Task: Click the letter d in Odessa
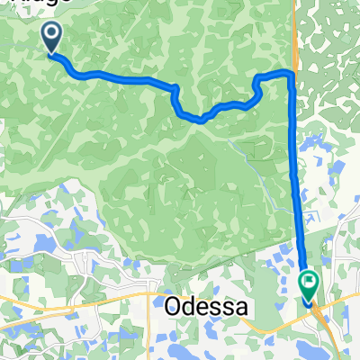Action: (190, 306)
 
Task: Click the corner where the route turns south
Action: (290, 72)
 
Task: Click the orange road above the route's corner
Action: (293, 36)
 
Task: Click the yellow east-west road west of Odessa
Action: (54, 296)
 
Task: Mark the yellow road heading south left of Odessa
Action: (149, 333)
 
